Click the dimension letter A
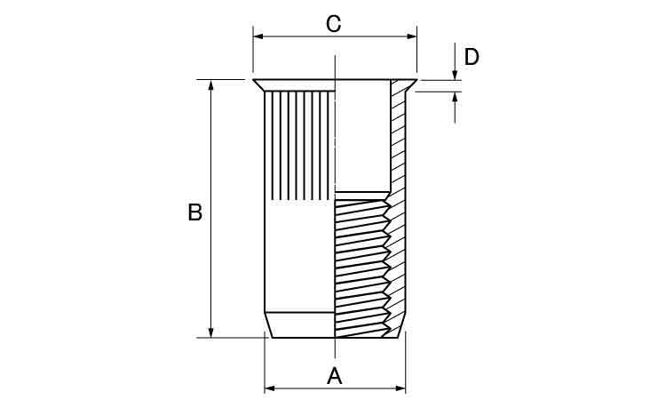point(334,376)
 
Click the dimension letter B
point(195,212)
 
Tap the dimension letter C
point(333,24)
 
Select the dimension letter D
point(472,57)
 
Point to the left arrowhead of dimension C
point(258,36)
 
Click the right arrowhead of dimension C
point(411,36)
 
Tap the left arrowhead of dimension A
point(269,388)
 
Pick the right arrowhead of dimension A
point(400,388)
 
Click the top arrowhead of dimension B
point(211,84)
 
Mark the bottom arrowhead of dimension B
point(211,332)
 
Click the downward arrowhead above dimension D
point(455,75)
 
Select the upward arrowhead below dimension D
point(455,97)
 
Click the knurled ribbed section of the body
point(300,146)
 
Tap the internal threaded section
point(362,268)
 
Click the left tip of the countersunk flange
point(254,80)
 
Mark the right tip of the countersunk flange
point(416,80)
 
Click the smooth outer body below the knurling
point(300,256)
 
